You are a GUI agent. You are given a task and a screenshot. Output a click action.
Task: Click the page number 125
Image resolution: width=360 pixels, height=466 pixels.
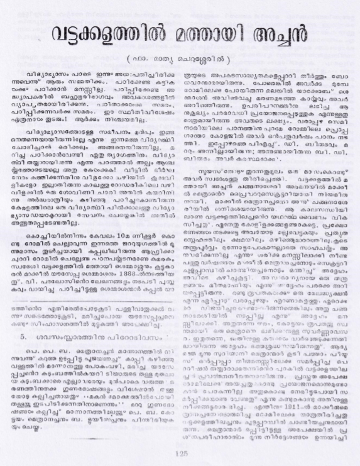pos(182,452)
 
